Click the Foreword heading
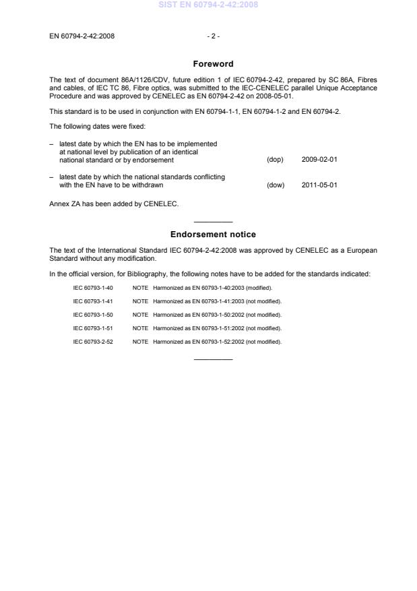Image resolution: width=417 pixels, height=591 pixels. [213, 64]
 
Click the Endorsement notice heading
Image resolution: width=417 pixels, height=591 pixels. [213, 235]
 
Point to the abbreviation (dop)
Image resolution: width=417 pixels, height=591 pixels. [275, 160]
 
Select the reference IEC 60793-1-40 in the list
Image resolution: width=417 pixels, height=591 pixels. [93, 288]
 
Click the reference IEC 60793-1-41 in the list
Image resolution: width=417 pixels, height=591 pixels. [93, 301]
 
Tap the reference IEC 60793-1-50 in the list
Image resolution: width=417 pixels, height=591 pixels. [93, 315]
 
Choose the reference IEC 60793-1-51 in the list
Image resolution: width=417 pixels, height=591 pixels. [93, 328]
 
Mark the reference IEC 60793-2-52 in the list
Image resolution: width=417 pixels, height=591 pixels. [93, 342]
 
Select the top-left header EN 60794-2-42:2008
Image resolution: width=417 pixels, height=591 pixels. [82, 36]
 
